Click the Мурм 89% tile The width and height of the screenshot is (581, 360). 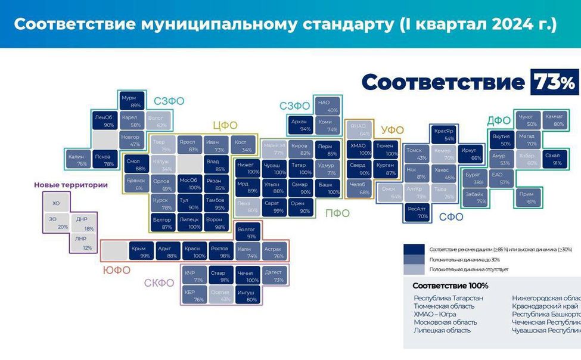tap(129, 101)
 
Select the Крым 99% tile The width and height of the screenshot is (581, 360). tap(141, 251)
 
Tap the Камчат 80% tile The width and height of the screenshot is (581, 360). tap(554, 120)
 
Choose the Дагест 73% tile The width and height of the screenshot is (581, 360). tap(274, 275)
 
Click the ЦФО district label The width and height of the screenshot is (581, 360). tap(225, 125)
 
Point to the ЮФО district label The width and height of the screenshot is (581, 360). tap(116, 270)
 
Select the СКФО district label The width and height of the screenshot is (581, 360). tap(160, 283)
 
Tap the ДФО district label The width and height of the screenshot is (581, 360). tap(499, 121)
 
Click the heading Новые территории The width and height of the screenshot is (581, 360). tap(71, 185)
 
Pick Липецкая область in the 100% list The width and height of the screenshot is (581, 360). tap(442, 330)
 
